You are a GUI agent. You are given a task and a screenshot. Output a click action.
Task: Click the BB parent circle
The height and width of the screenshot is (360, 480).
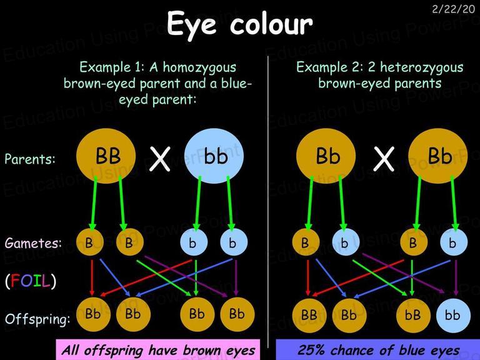[x=106, y=156]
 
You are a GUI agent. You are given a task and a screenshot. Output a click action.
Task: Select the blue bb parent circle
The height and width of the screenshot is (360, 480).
[x=214, y=156]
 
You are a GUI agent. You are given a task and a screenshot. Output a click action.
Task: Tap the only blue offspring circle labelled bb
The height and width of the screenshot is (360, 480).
[x=453, y=315]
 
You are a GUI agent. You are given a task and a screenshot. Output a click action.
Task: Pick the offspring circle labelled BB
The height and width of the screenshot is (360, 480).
[x=309, y=315]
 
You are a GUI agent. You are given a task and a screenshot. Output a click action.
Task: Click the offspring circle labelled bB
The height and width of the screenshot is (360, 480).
[x=413, y=315]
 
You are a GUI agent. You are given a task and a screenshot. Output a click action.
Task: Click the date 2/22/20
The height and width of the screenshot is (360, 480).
[x=453, y=9]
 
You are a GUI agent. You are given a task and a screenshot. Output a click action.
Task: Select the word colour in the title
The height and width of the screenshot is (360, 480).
[x=271, y=24]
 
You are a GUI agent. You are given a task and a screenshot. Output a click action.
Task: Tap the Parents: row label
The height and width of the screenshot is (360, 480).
[x=30, y=159]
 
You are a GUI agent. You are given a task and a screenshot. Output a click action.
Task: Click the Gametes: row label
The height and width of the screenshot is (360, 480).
[x=33, y=243]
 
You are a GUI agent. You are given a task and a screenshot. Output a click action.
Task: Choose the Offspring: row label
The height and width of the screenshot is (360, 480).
[x=37, y=319]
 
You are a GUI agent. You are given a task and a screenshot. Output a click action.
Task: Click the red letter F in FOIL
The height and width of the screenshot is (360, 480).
[x=15, y=281]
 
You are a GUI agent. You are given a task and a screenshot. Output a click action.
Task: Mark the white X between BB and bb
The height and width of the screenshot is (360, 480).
[x=160, y=159]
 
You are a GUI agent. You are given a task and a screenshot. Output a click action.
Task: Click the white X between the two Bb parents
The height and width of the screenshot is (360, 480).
[x=384, y=159]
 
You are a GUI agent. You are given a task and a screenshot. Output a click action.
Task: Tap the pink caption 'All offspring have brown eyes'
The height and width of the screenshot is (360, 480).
[x=158, y=350]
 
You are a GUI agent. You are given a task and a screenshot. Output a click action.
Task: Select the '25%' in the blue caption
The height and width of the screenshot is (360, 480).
[x=311, y=350]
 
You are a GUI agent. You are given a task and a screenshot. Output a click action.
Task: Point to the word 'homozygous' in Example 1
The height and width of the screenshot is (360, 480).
[x=199, y=67]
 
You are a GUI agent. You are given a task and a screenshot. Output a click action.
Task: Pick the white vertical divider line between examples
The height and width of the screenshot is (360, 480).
[x=268, y=202]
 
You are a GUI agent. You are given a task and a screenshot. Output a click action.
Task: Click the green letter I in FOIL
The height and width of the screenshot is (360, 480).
[x=37, y=281]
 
